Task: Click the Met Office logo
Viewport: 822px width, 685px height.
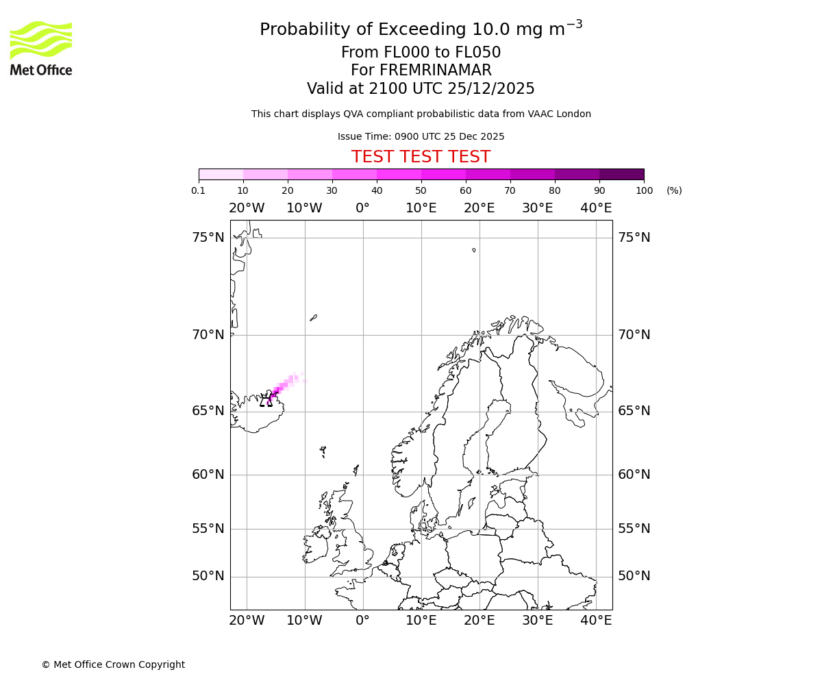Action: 41,48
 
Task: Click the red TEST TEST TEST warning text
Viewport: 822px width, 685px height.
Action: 421,157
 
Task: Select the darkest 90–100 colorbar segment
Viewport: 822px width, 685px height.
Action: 621,174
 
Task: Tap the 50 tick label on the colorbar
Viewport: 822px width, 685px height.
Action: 421,190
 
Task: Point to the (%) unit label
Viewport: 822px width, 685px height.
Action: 674,190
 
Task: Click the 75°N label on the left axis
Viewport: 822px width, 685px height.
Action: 208,238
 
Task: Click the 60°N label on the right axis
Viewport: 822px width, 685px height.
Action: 634,474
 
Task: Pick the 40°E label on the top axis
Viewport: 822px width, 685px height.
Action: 596,208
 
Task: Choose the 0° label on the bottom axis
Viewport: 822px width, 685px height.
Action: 362,621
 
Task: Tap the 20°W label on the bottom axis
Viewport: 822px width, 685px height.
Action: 247,621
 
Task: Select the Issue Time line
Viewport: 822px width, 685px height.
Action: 421,136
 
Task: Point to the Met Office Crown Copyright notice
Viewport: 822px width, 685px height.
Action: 113,664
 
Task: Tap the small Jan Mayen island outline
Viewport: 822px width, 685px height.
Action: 313,317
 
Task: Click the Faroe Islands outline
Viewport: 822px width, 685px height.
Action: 323,451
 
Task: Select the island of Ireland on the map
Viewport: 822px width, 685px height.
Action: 316,547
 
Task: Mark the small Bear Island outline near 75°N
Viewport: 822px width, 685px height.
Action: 473,250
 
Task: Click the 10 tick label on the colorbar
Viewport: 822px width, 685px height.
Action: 243,190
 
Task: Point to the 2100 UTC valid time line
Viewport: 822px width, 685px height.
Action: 421,89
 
